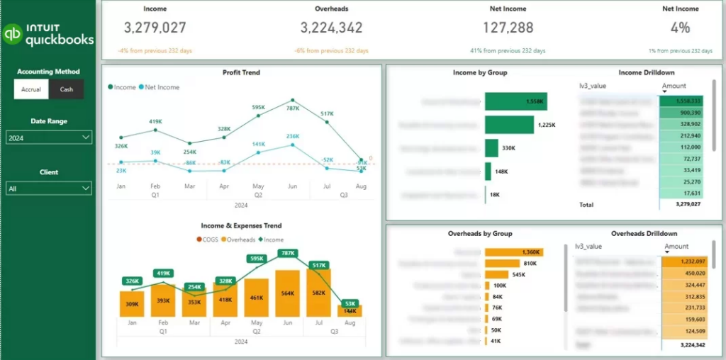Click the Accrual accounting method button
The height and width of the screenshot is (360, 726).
tap(31, 89)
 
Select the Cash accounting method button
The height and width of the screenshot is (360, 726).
tap(66, 89)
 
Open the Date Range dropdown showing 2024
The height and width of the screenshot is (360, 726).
tap(49, 138)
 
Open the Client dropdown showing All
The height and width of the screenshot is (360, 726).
tap(49, 189)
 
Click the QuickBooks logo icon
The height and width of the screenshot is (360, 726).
tap(12, 34)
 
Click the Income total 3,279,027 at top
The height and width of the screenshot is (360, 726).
tap(155, 28)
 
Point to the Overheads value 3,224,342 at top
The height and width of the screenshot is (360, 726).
tap(331, 28)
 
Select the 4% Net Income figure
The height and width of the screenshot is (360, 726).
tap(680, 28)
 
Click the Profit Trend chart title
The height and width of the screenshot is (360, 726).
tap(241, 72)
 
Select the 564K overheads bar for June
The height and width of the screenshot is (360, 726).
tap(288, 293)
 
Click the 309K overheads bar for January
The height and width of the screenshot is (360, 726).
tap(131, 304)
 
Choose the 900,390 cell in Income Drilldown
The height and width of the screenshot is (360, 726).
tap(681, 113)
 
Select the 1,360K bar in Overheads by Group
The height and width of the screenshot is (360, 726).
tap(514, 252)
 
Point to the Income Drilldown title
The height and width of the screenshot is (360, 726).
tap(646, 72)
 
